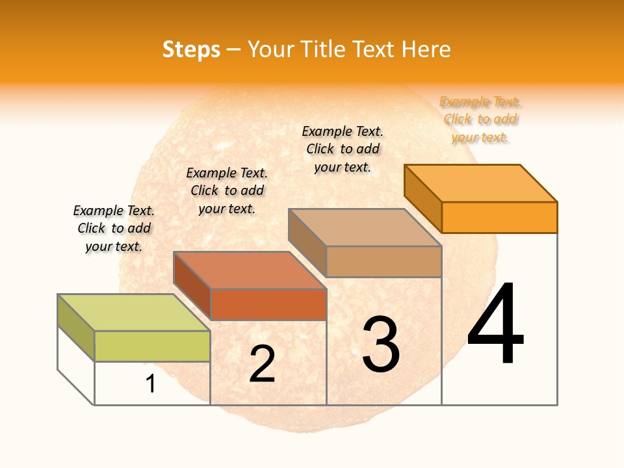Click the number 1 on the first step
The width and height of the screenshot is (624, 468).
click(x=151, y=383)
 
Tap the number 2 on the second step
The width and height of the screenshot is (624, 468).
click(x=263, y=364)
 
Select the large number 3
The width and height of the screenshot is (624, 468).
click(x=381, y=344)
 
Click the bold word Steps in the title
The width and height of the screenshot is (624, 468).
click(x=191, y=49)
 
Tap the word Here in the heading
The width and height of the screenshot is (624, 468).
click(x=426, y=49)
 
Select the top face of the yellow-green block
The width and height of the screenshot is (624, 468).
click(x=134, y=313)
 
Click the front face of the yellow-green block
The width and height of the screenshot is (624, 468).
click(x=152, y=346)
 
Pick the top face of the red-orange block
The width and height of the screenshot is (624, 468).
click(x=250, y=270)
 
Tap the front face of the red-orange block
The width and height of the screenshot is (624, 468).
click(x=268, y=304)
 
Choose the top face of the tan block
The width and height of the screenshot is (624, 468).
click(x=365, y=227)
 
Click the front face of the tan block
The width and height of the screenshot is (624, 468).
click(x=383, y=261)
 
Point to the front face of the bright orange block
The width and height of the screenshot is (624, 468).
click(x=499, y=217)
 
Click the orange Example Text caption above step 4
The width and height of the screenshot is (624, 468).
click(x=480, y=120)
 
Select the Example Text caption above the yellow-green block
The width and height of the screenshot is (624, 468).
click(x=114, y=228)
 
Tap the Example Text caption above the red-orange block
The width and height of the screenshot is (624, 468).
click(x=227, y=190)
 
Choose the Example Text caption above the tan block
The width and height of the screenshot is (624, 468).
click(x=343, y=149)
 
